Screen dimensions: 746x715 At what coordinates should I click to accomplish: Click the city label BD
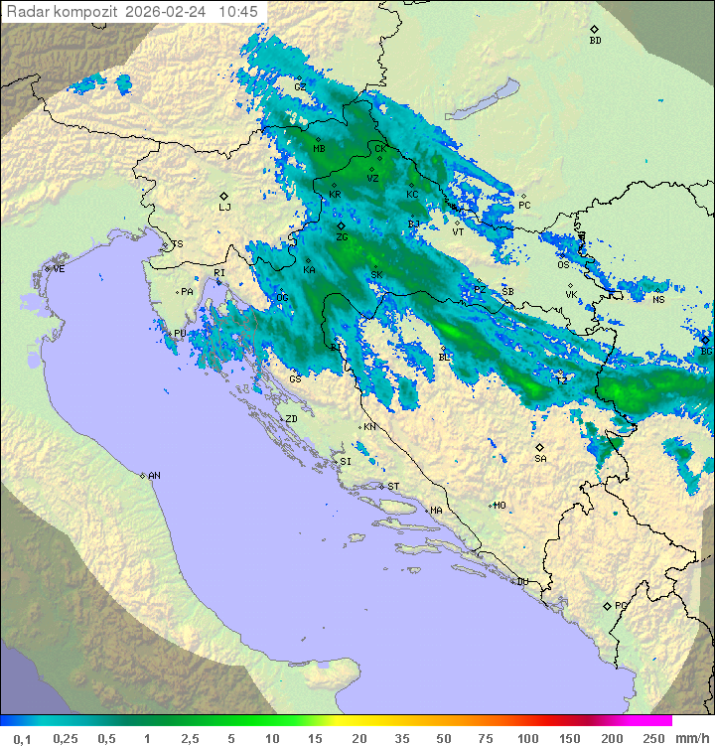[x=595, y=41]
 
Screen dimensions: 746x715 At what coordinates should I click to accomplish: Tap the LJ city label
[x=224, y=207]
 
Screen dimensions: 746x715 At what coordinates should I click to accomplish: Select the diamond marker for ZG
[x=341, y=226]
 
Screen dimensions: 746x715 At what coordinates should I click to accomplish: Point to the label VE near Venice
[x=59, y=269]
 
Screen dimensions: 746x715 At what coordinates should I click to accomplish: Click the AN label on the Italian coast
[x=154, y=476]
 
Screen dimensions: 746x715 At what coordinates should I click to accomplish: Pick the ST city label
[x=393, y=487]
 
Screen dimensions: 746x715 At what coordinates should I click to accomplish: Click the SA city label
[x=540, y=459]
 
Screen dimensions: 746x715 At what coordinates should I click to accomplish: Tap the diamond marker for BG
[x=705, y=340]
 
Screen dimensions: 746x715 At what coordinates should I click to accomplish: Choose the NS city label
[x=657, y=299]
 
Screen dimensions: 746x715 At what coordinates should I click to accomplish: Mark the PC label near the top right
[x=524, y=206]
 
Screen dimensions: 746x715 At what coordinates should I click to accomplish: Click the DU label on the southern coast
[x=521, y=582]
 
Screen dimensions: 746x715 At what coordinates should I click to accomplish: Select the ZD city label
[x=291, y=419]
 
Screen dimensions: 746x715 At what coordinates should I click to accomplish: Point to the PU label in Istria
[x=180, y=334]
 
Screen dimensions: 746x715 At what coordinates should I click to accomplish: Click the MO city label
[x=500, y=506]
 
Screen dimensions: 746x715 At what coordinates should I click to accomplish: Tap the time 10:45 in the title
[x=238, y=12]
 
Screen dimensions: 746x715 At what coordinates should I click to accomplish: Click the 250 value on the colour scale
[x=652, y=738]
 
